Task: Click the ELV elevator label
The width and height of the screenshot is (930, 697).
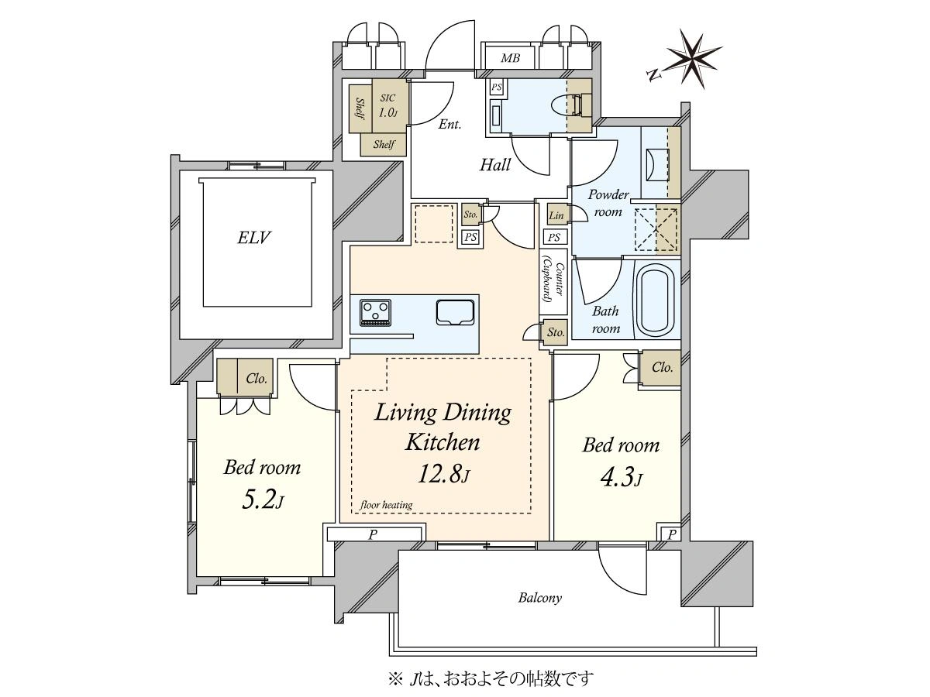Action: click(253, 238)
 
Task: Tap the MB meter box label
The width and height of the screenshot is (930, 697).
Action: click(510, 57)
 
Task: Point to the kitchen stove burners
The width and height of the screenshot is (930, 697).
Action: click(375, 313)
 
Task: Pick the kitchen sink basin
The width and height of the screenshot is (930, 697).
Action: click(455, 313)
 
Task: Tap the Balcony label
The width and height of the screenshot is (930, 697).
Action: click(539, 598)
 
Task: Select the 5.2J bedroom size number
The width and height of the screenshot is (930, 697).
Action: click(263, 499)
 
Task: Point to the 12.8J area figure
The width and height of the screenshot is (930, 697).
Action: click(443, 474)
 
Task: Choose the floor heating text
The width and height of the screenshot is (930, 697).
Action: click(386, 504)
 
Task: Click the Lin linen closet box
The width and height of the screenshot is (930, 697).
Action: click(556, 215)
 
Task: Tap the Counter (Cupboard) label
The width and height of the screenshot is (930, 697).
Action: click(553, 282)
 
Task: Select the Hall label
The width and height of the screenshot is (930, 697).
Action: click(495, 165)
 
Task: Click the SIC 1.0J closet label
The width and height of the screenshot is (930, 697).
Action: click(388, 106)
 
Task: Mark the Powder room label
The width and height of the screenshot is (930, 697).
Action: click(608, 203)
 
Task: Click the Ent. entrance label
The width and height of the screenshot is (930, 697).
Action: click(449, 124)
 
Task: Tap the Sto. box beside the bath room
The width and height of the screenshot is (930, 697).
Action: click(556, 332)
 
